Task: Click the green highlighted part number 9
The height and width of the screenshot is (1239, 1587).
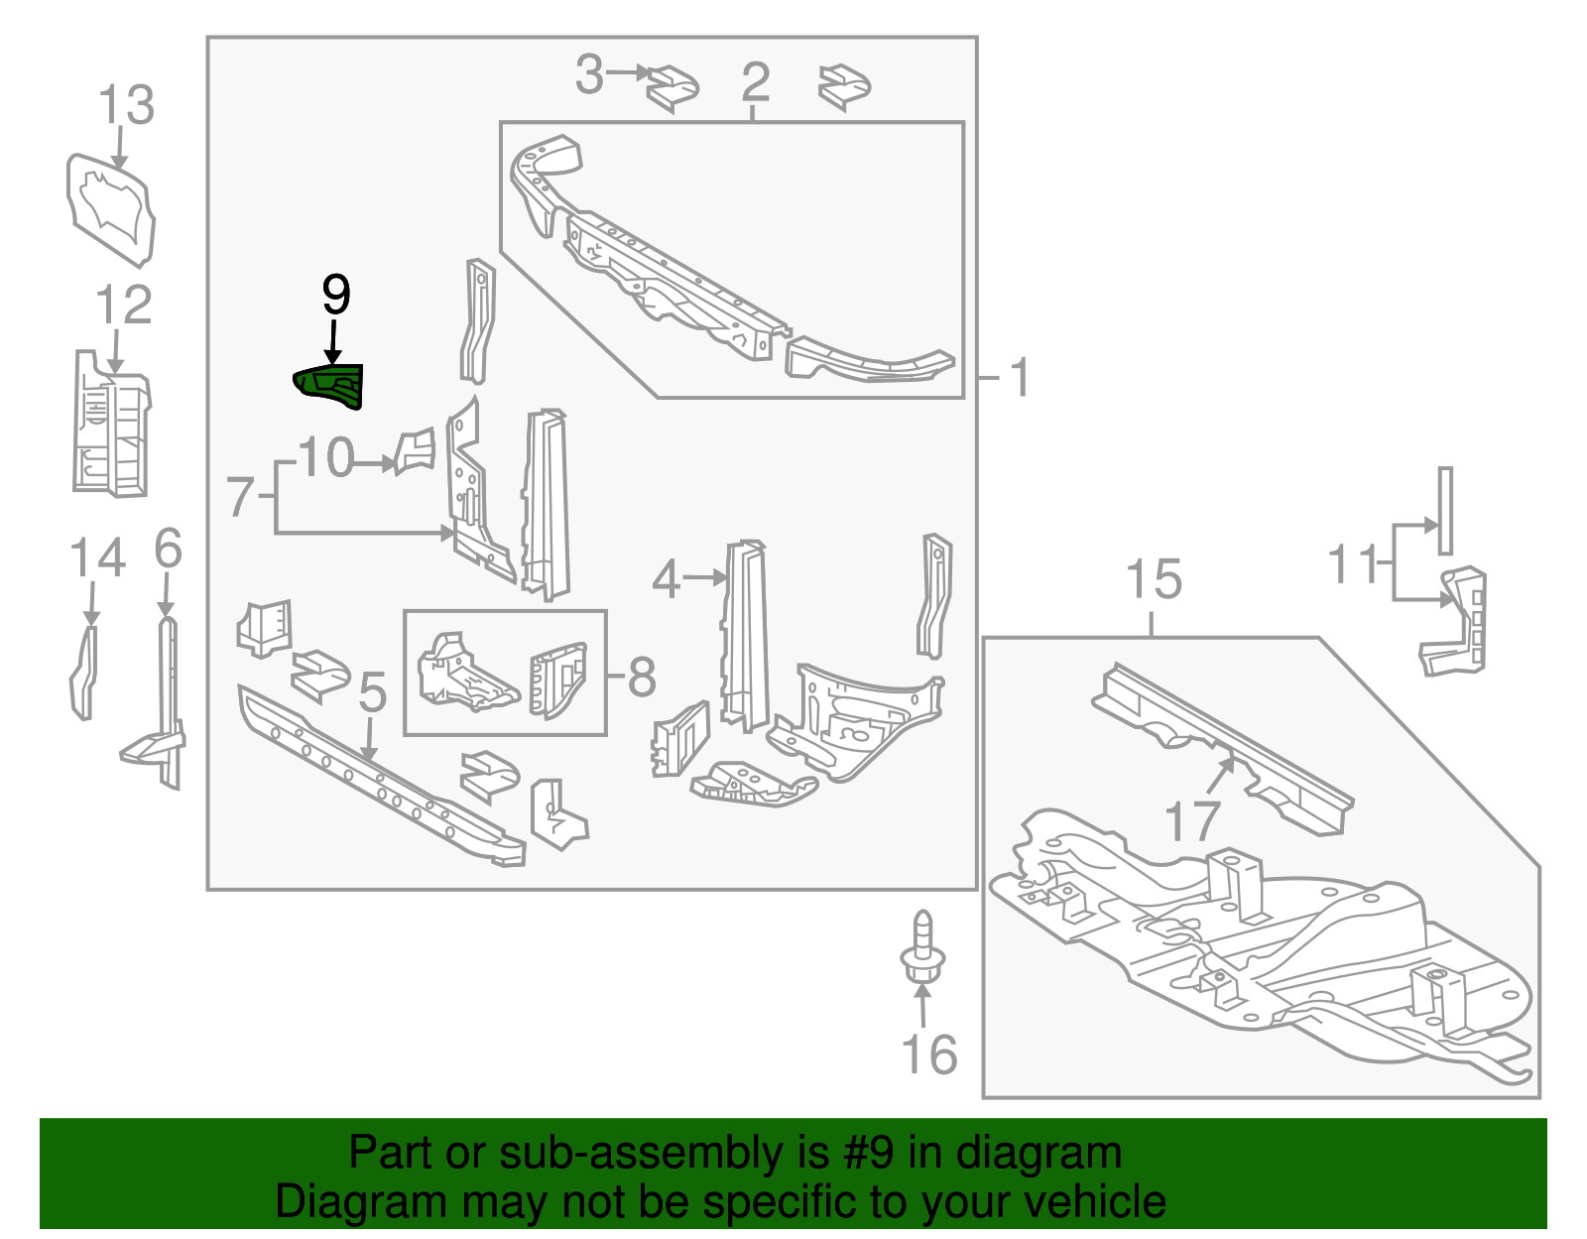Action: pyautogui.click(x=330, y=386)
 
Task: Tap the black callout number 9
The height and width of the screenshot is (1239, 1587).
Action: pyautogui.click(x=336, y=295)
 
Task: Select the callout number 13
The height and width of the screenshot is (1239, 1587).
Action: pyautogui.click(x=127, y=105)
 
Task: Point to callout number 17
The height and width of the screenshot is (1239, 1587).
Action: pyautogui.click(x=1191, y=821)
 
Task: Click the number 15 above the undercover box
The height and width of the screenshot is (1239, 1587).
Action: pyautogui.click(x=1154, y=579)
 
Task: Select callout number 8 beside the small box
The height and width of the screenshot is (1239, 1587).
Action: pyautogui.click(x=642, y=677)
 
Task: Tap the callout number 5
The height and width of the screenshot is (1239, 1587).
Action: pyautogui.click(x=372, y=691)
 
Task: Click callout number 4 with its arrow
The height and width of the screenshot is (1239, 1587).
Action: pyautogui.click(x=667, y=579)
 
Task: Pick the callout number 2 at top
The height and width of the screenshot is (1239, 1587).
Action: pyautogui.click(x=755, y=81)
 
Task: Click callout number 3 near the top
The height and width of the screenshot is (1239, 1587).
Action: pyautogui.click(x=590, y=75)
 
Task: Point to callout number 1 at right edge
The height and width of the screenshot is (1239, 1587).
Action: pyautogui.click(x=1019, y=378)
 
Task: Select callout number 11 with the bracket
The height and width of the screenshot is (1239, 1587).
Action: pyautogui.click(x=1353, y=564)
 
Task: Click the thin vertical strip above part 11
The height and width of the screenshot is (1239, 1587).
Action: pyautogui.click(x=1445, y=511)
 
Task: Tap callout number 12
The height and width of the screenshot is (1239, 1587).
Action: pyautogui.click(x=124, y=306)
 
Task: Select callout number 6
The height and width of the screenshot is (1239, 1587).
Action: pyautogui.click(x=169, y=548)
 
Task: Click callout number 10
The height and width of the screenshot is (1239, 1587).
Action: pyautogui.click(x=326, y=458)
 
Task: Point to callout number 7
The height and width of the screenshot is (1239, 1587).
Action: pyautogui.click(x=241, y=497)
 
